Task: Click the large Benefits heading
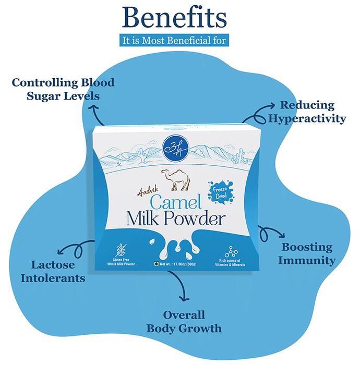pyautogui.click(x=174, y=18)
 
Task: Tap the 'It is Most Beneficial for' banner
pyautogui.click(x=174, y=40)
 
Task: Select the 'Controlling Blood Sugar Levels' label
pyautogui.click(x=63, y=89)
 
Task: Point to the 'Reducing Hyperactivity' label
pyautogui.click(x=307, y=112)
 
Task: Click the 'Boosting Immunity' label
pyautogui.click(x=307, y=254)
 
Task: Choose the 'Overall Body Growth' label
pyautogui.click(x=184, y=322)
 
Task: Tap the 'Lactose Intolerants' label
pyautogui.click(x=53, y=272)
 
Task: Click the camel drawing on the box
pyautogui.click(x=176, y=180)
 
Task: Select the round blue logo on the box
pyautogui.click(x=175, y=148)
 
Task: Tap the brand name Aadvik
pyautogui.click(x=148, y=191)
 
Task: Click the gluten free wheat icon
pyautogui.click(x=121, y=250)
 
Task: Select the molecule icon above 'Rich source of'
pyautogui.click(x=231, y=252)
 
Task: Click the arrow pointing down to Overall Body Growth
pyautogui.click(x=181, y=285)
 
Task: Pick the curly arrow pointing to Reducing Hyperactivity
pyautogui.click(x=258, y=116)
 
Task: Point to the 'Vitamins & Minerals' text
pyautogui.click(x=230, y=265)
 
